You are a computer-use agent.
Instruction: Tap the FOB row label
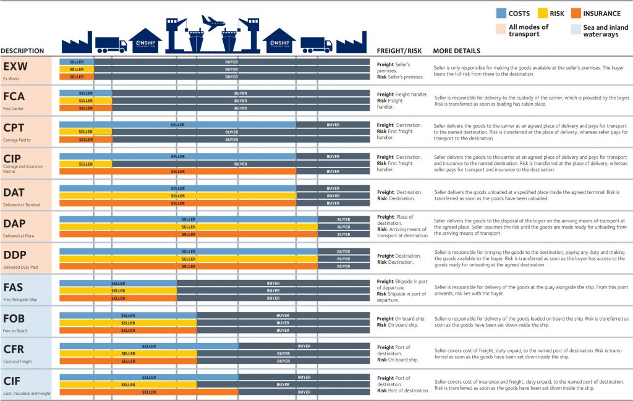point(14,318)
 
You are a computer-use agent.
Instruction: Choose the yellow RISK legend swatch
point(542,13)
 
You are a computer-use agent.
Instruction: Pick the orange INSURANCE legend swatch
point(577,13)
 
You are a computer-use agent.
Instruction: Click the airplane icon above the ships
point(213,23)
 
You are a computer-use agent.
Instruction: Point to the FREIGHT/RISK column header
point(399,51)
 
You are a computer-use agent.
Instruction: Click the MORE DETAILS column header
point(456,51)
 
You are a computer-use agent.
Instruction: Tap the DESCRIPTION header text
point(22,51)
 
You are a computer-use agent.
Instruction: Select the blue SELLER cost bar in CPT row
point(177,124)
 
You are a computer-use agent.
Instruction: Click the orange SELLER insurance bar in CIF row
point(149,392)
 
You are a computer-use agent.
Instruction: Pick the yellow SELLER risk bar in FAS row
point(118,290)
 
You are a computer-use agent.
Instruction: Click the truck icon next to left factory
point(111,45)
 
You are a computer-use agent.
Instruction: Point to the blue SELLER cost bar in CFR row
point(149,346)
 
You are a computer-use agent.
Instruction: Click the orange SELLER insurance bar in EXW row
point(77,77)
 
